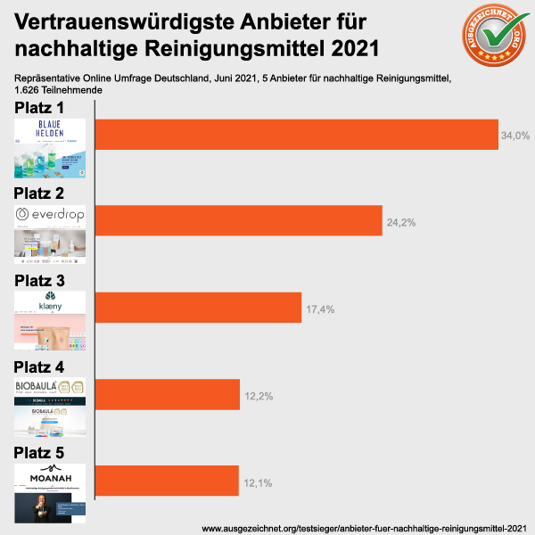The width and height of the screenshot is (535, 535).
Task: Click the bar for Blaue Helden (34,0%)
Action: [x=296, y=135]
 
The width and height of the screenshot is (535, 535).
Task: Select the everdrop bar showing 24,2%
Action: [x=238, y=220]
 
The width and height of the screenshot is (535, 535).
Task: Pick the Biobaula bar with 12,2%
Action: [x=167, y=394]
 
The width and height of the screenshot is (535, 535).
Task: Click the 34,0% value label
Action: [x=516, y=136]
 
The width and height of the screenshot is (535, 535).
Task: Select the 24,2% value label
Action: [x=400, y=221]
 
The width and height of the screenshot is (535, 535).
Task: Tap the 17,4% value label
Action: [x=320, y=308]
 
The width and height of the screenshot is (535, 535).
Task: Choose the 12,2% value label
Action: [x=258, y=395]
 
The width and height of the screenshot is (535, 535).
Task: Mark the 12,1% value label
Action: [x=257, y=481]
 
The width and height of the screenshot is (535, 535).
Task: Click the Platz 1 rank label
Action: [x=45, y=108]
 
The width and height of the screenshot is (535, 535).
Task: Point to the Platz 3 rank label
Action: [x=45, y=280]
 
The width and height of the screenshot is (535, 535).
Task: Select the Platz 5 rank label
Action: [x=45, y=453]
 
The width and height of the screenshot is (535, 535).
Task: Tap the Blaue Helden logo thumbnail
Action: [x=50, y=148]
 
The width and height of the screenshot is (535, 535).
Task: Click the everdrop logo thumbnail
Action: [x=50, y=235]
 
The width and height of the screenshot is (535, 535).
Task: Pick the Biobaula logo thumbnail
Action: [x=50, y=406]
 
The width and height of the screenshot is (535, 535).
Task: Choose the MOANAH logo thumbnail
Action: [x=50, y=492]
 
